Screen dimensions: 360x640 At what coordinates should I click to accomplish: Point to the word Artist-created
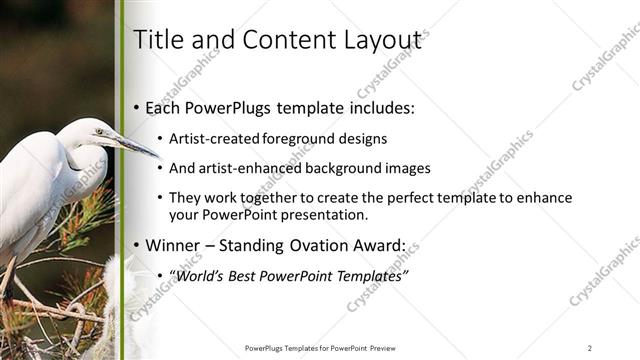coord(215,138)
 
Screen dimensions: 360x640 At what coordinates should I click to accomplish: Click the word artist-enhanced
coord(247,168)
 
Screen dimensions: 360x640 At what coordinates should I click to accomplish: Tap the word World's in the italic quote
coord(203,275)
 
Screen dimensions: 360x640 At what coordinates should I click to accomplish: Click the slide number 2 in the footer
coord(590,348)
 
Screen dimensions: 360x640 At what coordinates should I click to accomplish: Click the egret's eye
coord(99,131)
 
